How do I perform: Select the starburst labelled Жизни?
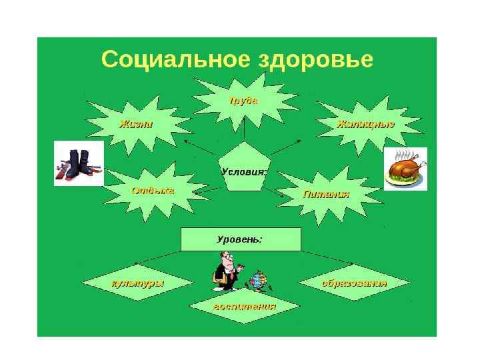136,124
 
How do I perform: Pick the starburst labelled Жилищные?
365,124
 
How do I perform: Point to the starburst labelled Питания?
326,194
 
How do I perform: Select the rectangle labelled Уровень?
241,239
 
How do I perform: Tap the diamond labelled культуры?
136,283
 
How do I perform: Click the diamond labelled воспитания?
244,307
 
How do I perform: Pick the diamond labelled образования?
354,283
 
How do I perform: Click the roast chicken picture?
405,169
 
